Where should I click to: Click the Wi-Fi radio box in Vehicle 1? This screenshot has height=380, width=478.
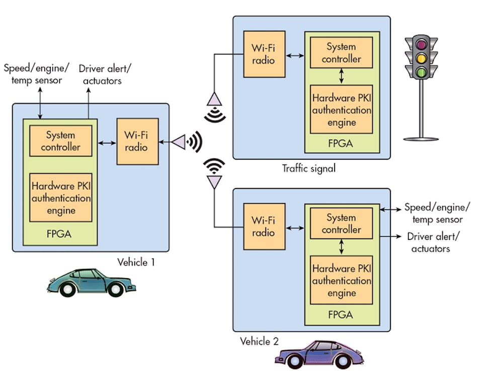click(x=137, y=142)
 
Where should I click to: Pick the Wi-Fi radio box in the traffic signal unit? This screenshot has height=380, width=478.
click(x=264, y=54)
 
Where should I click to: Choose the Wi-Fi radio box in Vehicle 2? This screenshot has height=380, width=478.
click(x=264, y=226)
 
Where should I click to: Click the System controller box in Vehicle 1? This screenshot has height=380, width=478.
click(x=60, y=141)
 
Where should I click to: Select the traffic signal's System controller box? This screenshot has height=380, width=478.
click(x=341, y=53)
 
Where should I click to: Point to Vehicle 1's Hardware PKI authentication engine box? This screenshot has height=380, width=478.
click(x=60, y=198)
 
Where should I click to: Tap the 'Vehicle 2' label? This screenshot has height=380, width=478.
click(x=259, y=341)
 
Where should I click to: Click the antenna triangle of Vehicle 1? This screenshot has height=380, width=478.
click(x=179, y=143)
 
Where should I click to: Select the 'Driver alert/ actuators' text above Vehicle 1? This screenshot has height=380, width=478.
click(x=100, y=74)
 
